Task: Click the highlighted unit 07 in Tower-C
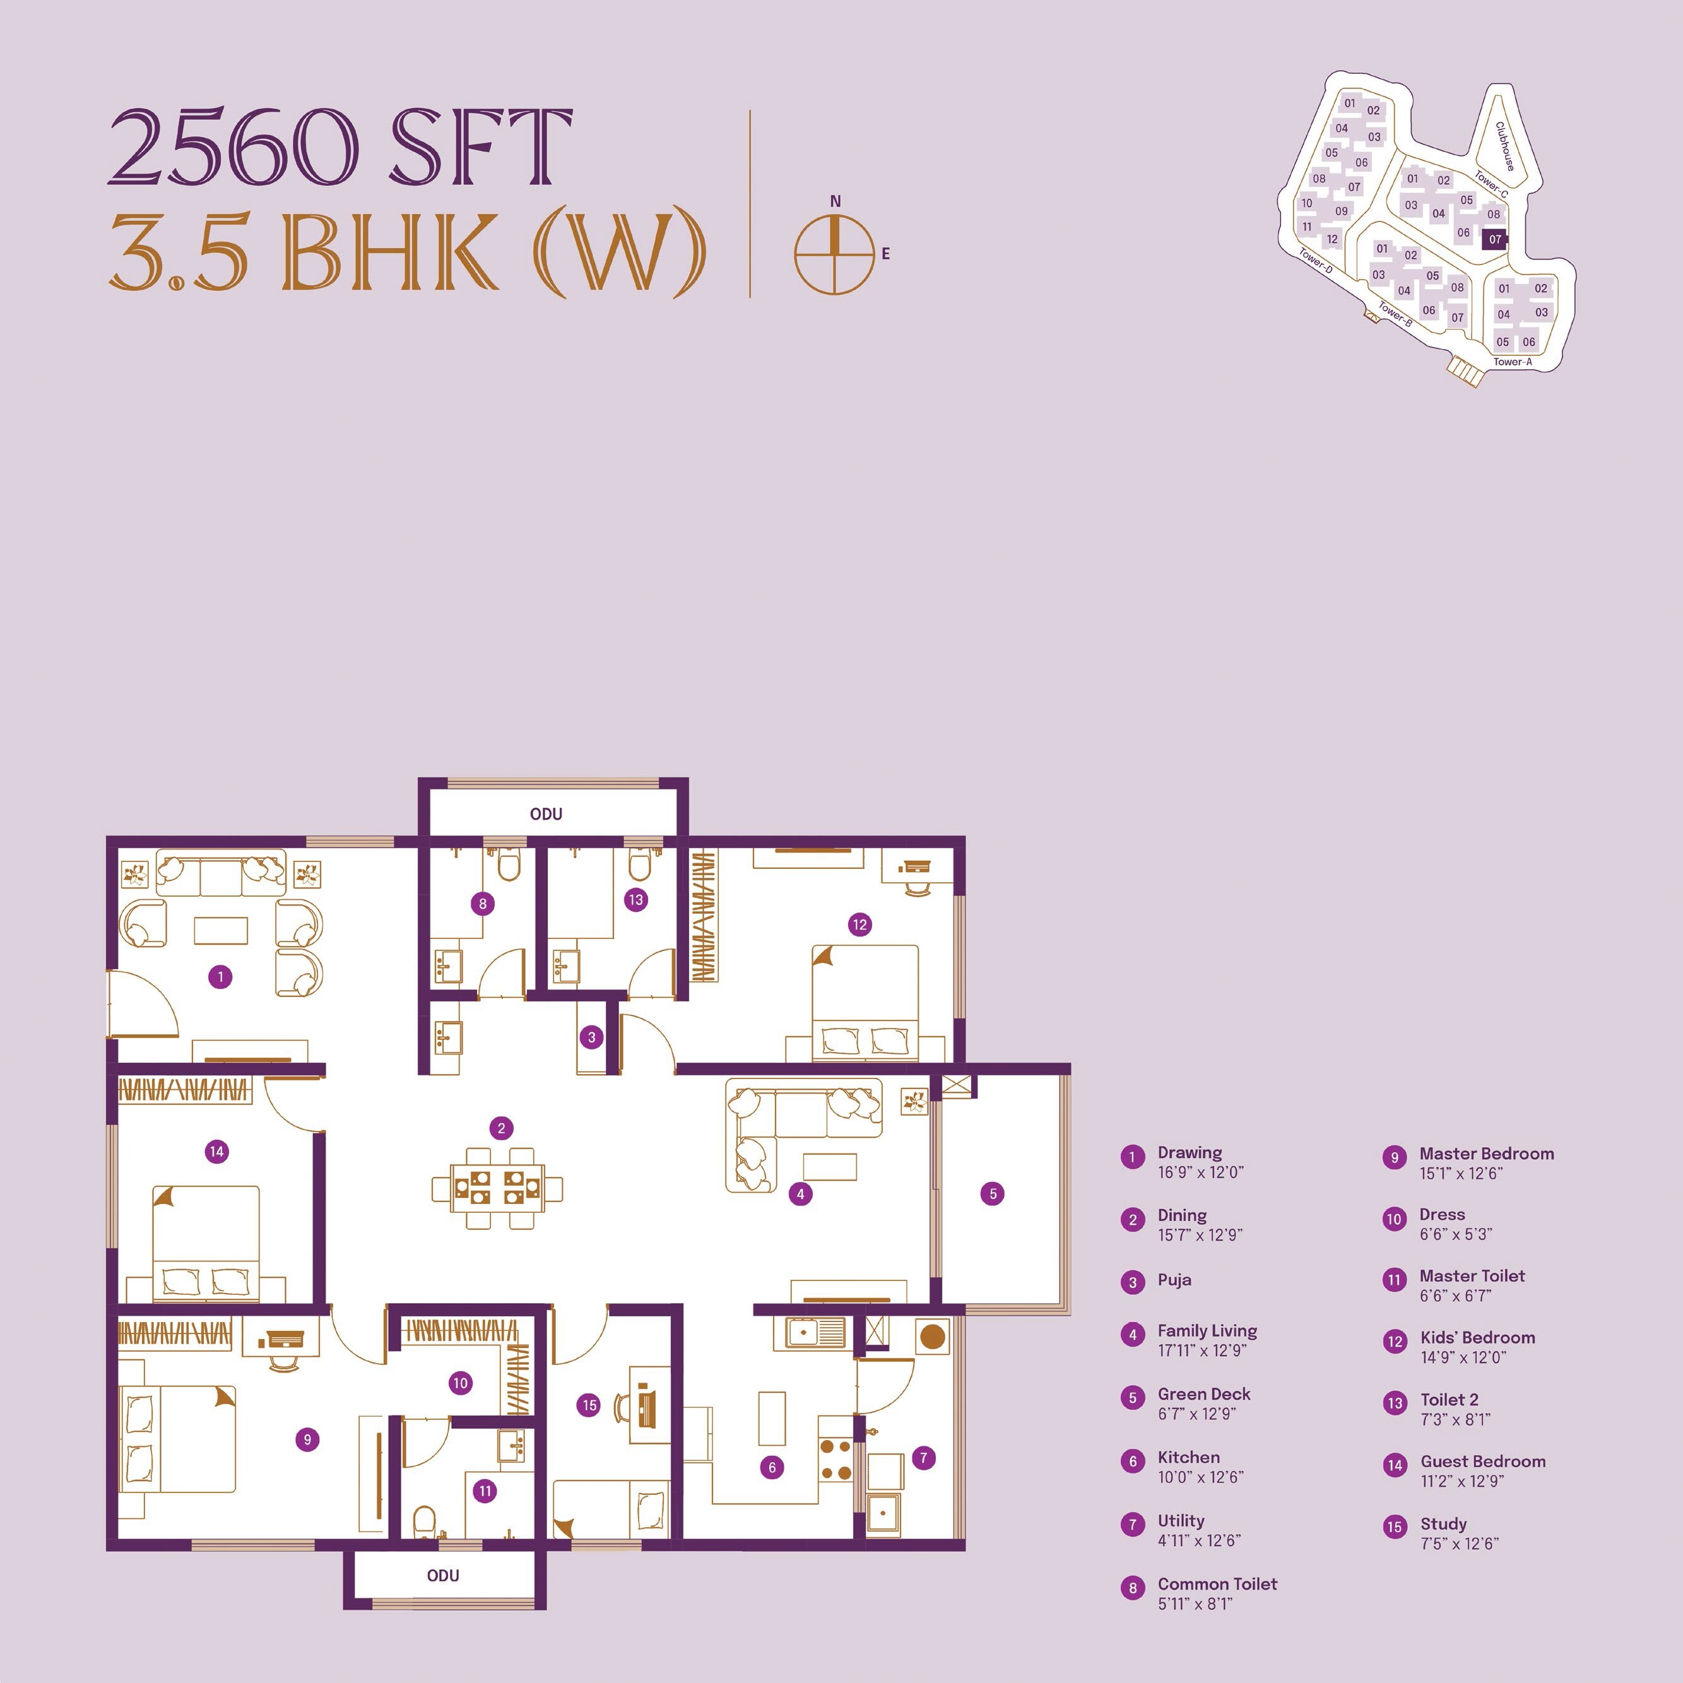pos(1495,239)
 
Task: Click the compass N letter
pos(836,202)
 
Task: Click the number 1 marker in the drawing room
pos(220,976)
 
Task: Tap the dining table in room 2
pos(497,1189)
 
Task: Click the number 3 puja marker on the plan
pos(591,1037)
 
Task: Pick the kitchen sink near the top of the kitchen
pos(815,1332)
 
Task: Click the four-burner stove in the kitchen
pos(836,1460)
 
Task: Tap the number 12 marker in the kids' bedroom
pos(859,924)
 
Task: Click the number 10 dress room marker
pos(460,1383)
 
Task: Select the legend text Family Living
pos(1207,1331)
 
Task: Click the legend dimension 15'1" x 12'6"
pos(1461,1173)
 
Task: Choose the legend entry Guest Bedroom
pos(1483,1462)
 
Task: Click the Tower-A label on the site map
pos(1512,362)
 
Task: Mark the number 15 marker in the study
pos(589,1404)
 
